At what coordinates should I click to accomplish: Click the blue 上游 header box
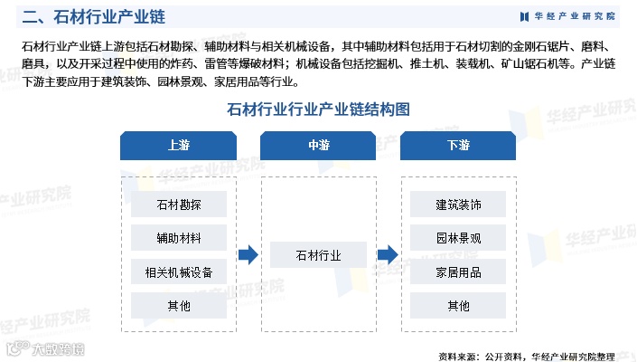(x=179, y=145)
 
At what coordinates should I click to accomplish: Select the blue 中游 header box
(x=319, y=145)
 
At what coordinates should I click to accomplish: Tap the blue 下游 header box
(x=458, y=145)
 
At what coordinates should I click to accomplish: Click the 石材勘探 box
(x=179, y=205)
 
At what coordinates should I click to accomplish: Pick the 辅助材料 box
(x=179, y=239)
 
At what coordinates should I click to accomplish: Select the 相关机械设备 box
(x=179, y=272)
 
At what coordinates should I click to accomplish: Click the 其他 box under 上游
(x=179, y=306)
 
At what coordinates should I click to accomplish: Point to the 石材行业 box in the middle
(x=319, y=255)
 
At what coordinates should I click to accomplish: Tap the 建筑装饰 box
(x=458, y=205)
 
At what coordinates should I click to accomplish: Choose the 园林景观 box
(x=458, y=239)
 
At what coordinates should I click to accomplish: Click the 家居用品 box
(x=458, y=272)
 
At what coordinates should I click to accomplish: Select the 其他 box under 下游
(x=458, y=306)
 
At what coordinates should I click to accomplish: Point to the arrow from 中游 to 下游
(x=388, y=255)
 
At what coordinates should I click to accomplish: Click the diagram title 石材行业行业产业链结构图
(x=318, y=110)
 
